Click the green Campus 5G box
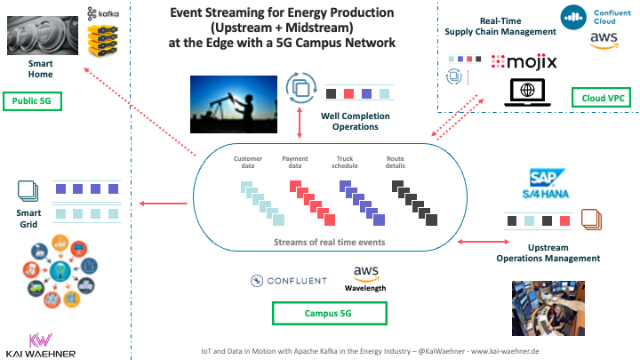328,313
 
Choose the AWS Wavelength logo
366,278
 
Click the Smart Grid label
28,219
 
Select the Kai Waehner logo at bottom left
39,345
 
